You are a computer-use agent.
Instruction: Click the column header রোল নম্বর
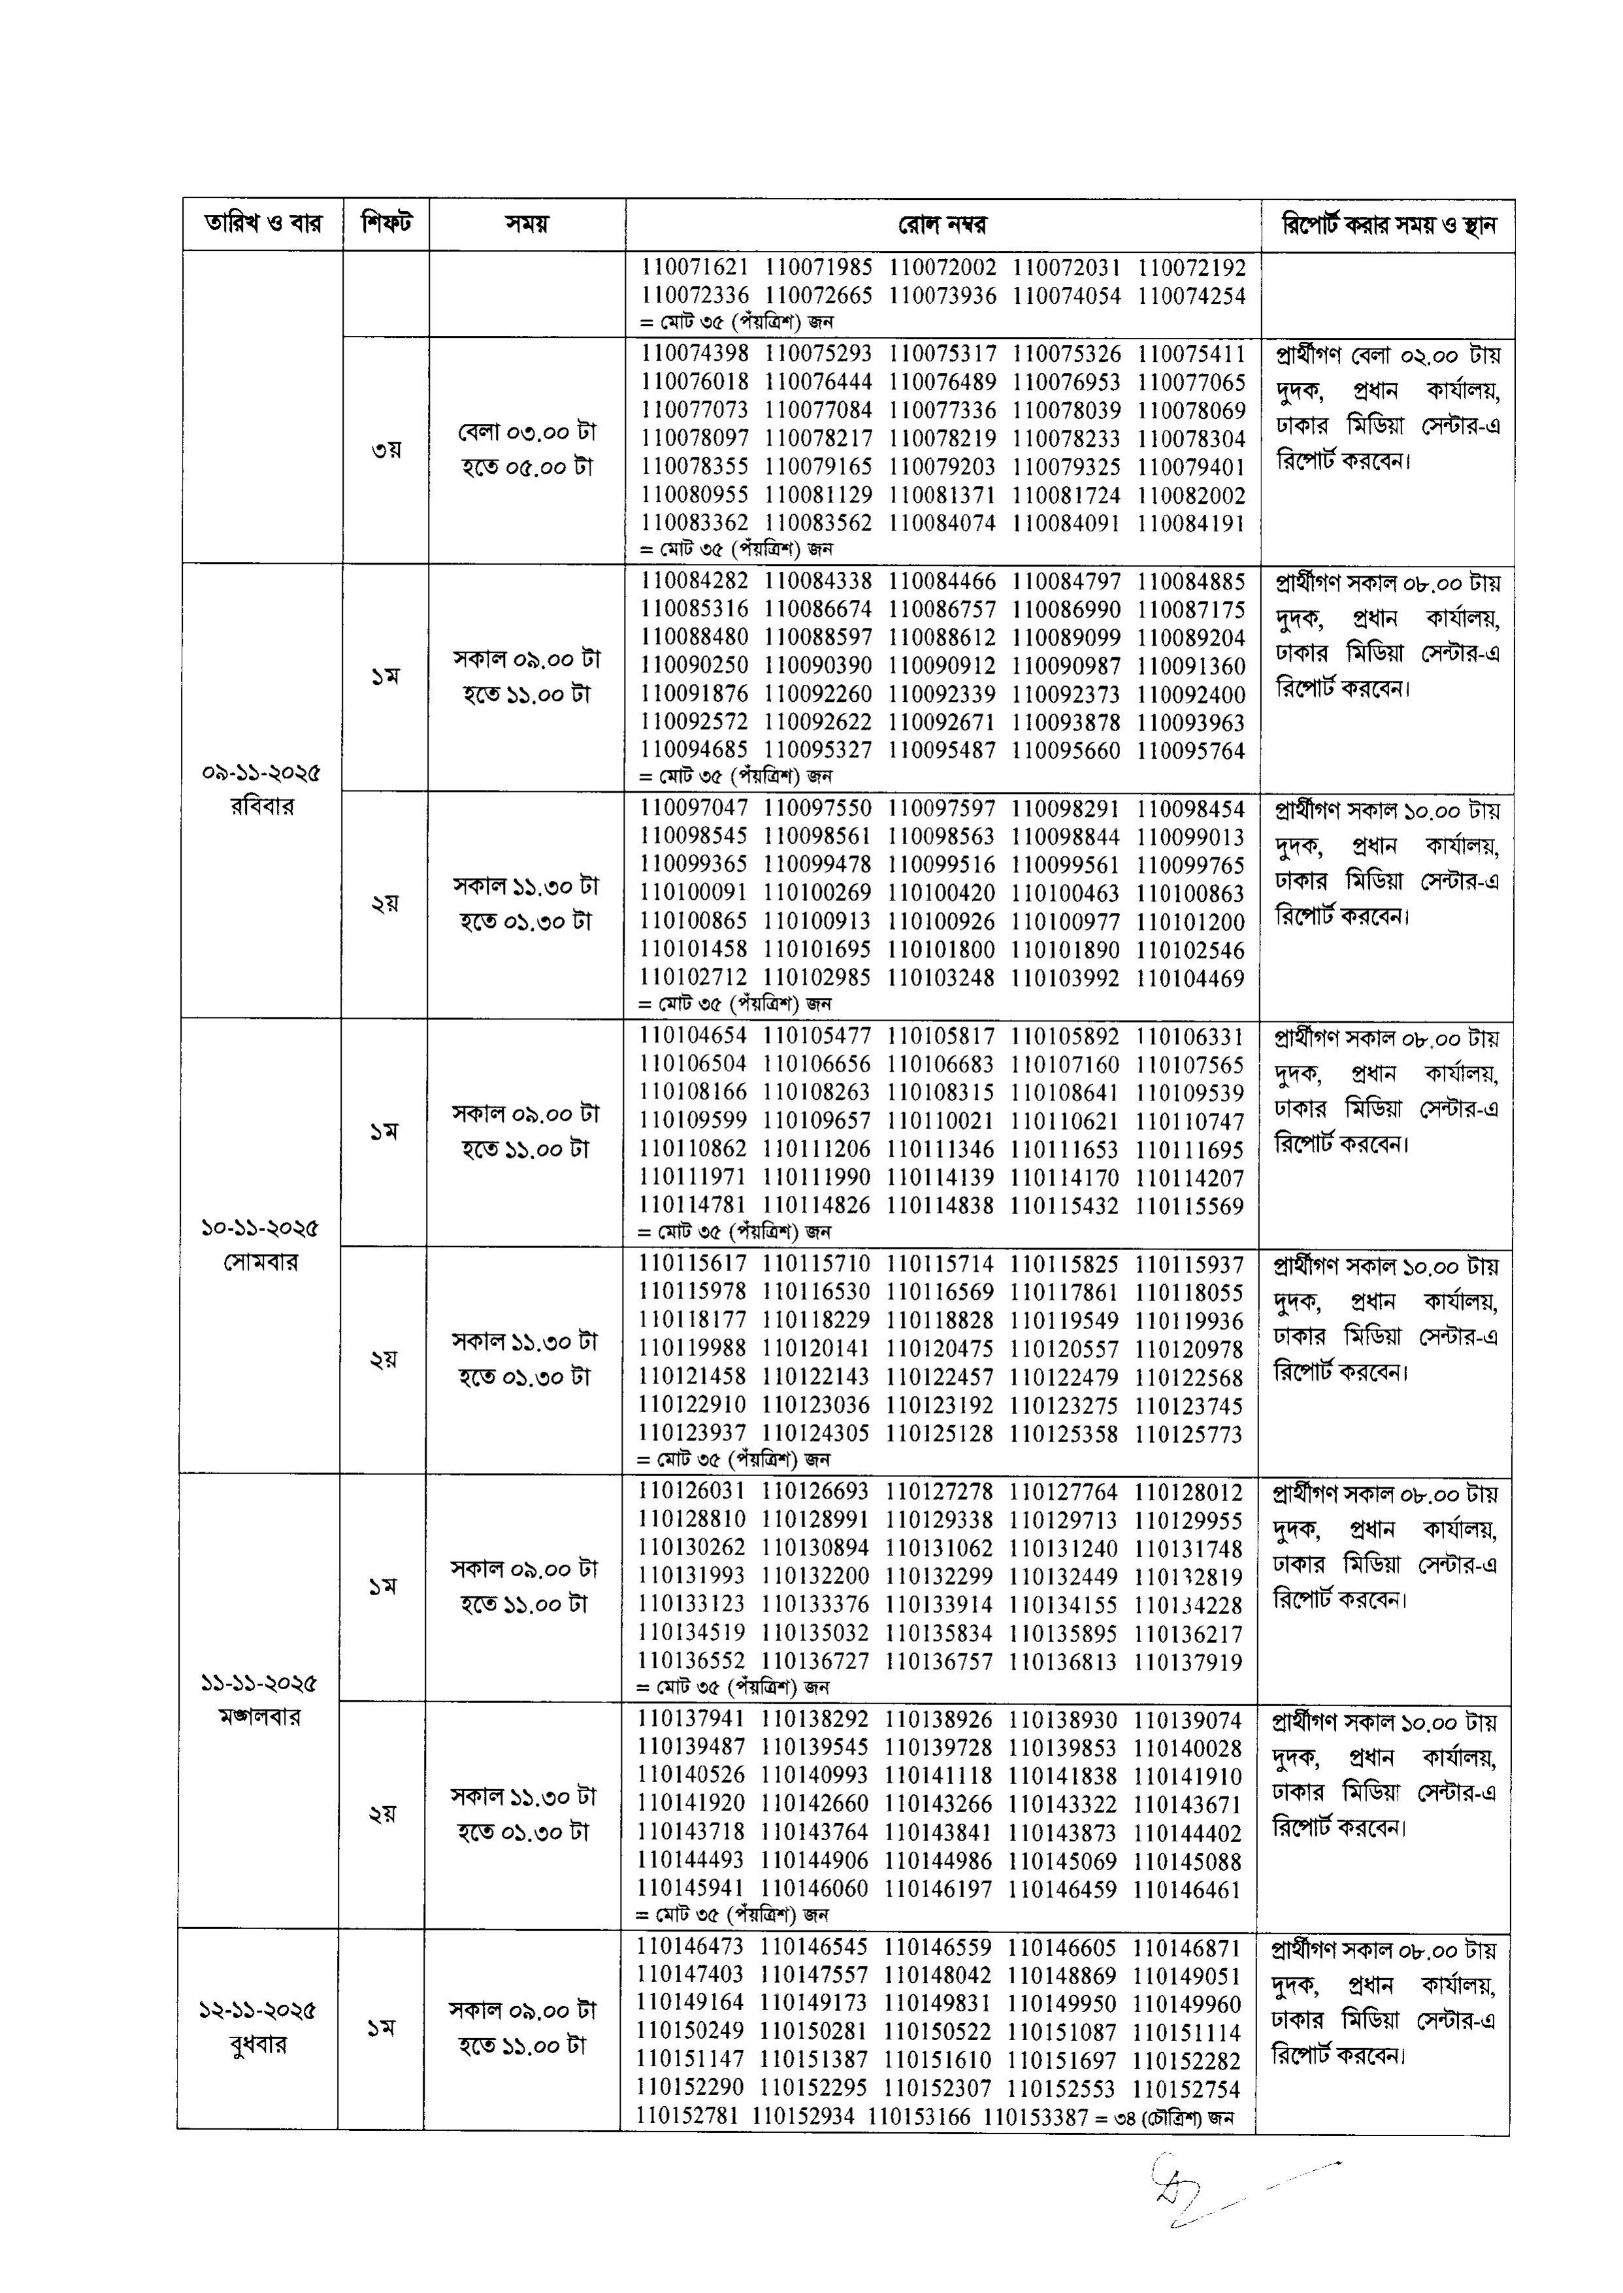tap(942, 224)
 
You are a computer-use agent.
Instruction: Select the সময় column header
tap(527, 224)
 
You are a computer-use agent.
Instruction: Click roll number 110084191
tap(1191, 523)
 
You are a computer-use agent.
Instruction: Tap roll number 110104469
tap(1190, 979)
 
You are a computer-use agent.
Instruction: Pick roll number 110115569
tap(1189, 1206)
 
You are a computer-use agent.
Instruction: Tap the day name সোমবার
tap(261, 1262)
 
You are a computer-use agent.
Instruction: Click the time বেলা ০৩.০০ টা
tap(527, 433)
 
